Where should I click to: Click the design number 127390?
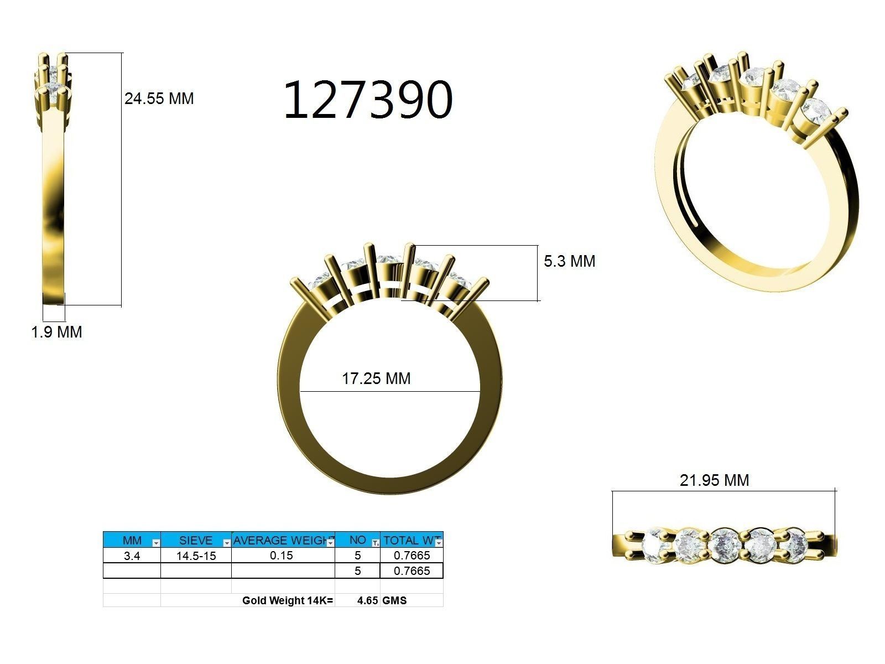(x=368, y=100)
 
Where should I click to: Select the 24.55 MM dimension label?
(x=159, y=99)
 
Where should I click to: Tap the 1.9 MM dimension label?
(x=56, y=332)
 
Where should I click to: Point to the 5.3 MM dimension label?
(x=569, y=261)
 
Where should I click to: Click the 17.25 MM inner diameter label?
(x=376, y=378)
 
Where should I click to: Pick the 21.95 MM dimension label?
(x=714, y=480)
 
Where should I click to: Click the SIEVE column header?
(x=195, y=540)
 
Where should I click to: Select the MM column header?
(x=132, y=540)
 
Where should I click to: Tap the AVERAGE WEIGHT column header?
(x=282, y=540)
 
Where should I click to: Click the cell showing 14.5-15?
(x=196, y=556)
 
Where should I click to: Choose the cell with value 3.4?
(x=132, y=556)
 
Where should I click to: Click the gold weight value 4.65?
(x=367, y=600)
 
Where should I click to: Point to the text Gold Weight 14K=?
(x=288, y=600)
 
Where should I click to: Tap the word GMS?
(x=394, y=600)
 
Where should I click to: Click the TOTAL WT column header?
(x=411, y=540)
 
